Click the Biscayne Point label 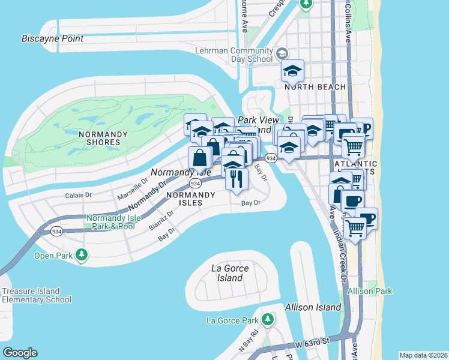click(52, 38)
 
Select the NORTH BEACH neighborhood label click(315, 87)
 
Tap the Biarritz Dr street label click(161, 220)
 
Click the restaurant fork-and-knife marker click(237, 178)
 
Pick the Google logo click(20, 353)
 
